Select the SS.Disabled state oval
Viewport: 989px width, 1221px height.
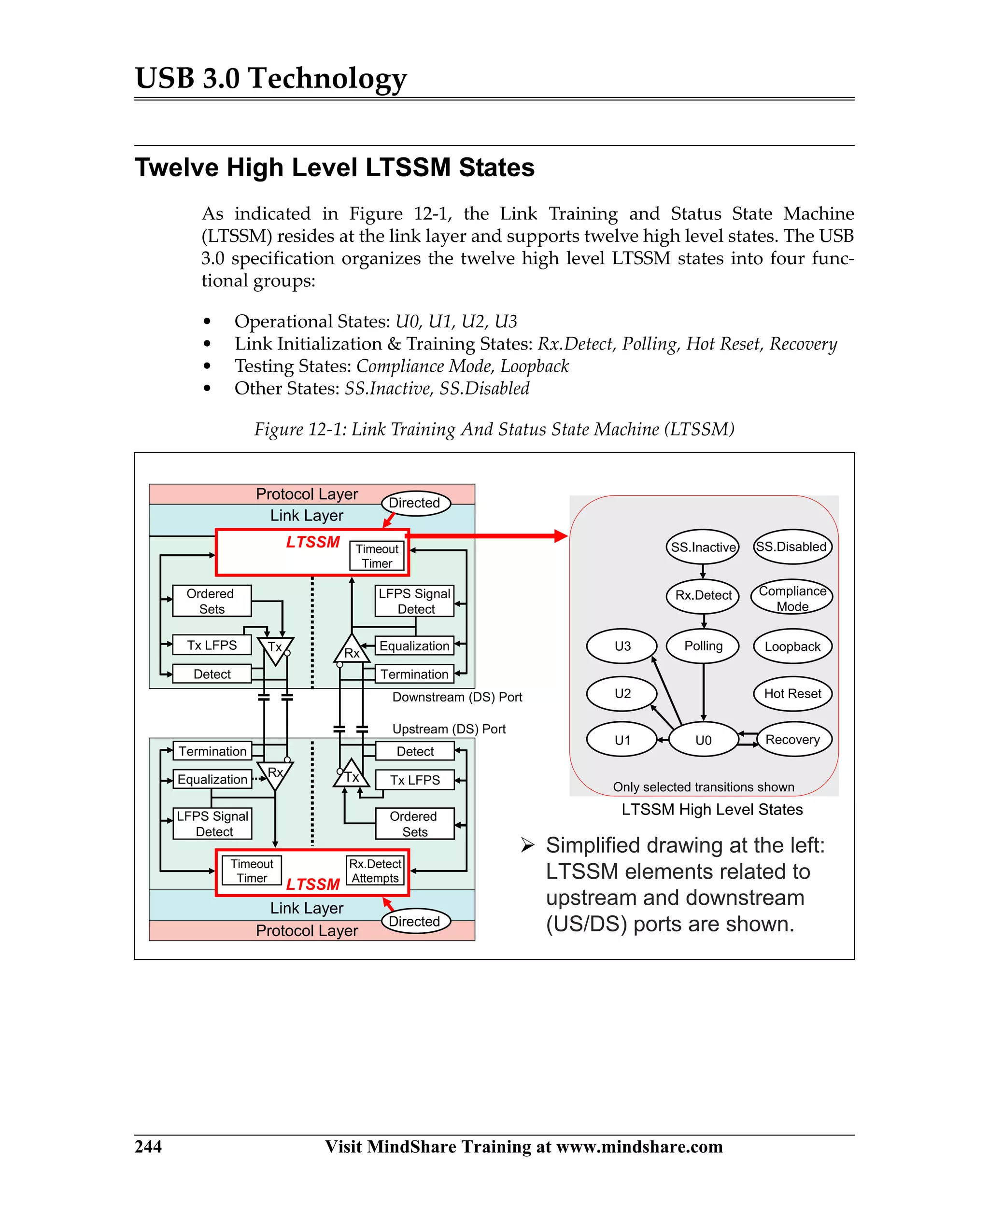[791, 547]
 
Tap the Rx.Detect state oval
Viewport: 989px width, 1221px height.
[703, 595]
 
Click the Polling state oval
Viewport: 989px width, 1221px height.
[703, 646]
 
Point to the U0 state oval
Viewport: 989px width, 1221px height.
[703, 739]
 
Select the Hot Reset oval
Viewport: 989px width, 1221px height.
[792, 693]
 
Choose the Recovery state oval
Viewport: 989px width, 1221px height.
[792, 739]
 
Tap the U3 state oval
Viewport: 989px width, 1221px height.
[622, 646]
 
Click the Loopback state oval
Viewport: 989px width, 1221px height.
[792, 646]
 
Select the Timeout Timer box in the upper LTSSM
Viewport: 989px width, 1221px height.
[377, 556]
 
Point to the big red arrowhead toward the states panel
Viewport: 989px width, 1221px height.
[561, 535]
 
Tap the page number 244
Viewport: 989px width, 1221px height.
[148, 1146]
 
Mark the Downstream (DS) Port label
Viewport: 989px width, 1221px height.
[457, 697]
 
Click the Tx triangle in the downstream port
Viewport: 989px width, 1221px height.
[275, 649]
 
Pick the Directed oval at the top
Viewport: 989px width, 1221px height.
[415, 503]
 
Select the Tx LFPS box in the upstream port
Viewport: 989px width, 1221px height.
[415, 780]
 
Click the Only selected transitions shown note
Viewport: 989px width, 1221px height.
[703, 786]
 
